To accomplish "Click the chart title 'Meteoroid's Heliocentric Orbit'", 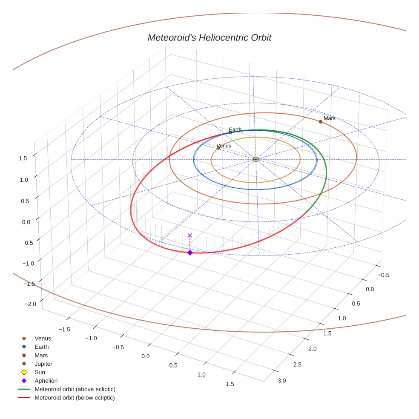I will (209, 38).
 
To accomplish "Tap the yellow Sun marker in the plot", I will (255, 159).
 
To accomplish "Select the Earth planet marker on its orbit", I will (230, 132).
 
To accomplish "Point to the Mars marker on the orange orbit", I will (321, 122).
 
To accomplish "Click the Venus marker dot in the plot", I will (218, 148).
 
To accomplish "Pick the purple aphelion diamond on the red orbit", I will (190, 253).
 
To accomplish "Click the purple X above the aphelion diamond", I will (190, 235).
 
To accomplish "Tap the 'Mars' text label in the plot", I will (329, 118).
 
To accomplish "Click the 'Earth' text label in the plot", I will (235, 129).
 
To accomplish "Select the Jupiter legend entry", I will (43, 364).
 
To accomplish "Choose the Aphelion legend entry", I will (46, 381).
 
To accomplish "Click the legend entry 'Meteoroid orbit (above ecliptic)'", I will (75, 389).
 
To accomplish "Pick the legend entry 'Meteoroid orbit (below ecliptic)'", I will (75, 398).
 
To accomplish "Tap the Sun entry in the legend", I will (40, 372).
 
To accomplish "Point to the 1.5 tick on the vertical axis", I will (23, 158).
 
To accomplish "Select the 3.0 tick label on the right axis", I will (282, 380).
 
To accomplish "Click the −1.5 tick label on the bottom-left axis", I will (64, 329).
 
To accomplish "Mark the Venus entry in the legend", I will (43, 338).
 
